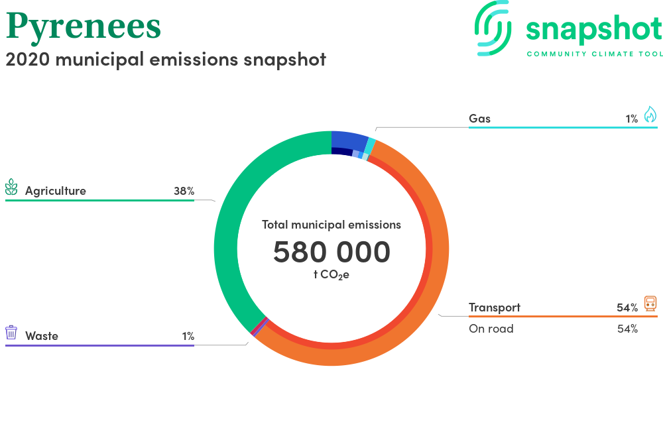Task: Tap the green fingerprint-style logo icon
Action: pyautogui.click(x=493, y=28)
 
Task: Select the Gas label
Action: pyautogui.click(x=479, y=119)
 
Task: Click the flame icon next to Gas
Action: pyautogui.click(x=650, y=115)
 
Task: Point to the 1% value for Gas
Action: pyautogui.click(x=632, y=119)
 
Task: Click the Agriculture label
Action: pyautogui.click(x=56, y=192)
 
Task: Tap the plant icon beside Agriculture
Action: pyautogui.click(x=11, y=187)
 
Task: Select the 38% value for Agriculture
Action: pyautogui.click(x=184, y=192)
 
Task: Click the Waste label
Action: pyautogui.click(x=41, y=336)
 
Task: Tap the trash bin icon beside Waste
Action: pyautogui.click(x=11, y=333)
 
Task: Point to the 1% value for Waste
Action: pyautogui.click(x=188, y=336)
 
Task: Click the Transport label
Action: pyautogui.click(x=495, y=307)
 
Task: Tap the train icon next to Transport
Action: pyautogui.click(x=650, y=304)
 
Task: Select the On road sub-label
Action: pyautogui.click(x=491, y=329)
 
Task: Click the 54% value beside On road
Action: pyautogui.click(x=627, y=329)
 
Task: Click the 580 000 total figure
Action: pyautogui.click(x=331, y=252)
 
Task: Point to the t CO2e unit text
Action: pyautogui.click(x=331, y=275)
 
